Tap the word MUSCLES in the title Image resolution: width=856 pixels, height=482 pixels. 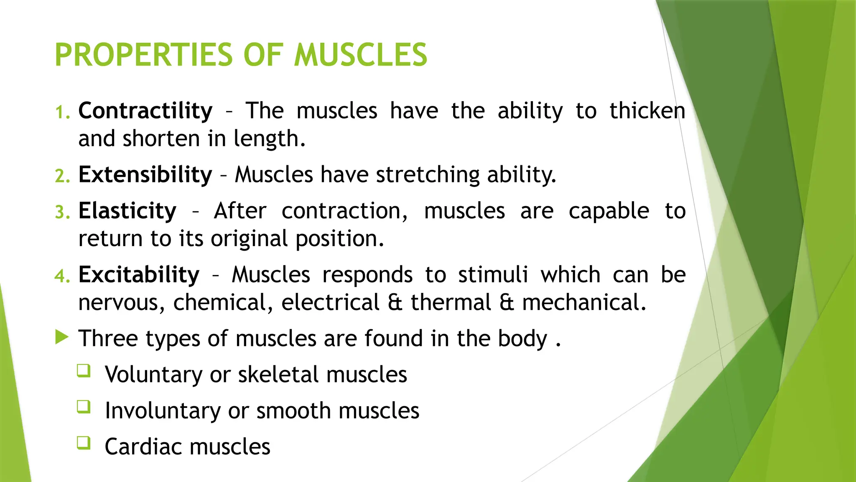pos(361,55)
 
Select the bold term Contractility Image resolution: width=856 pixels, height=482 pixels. pos(145,111)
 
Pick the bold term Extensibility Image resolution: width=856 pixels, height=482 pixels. pos(145,174)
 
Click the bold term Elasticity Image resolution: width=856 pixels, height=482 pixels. pos(127,211)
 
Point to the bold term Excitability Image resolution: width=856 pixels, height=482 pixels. pos(139,275)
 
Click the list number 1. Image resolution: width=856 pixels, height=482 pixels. pos(62,113)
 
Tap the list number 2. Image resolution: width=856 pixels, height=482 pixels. pos(62,176)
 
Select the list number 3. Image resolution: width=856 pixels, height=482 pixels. pos(62,213)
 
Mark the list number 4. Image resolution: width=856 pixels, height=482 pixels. pos(62,276)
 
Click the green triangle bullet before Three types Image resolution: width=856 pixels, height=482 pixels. pos(61,337)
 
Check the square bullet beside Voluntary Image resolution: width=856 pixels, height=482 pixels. pos(84,371)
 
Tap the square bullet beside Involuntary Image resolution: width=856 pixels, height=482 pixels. pos(84,407)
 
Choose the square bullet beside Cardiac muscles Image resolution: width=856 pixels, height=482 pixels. pos(84,443)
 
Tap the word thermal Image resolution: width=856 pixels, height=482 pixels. pos(451,303)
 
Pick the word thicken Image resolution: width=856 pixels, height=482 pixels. pos(647,111)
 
